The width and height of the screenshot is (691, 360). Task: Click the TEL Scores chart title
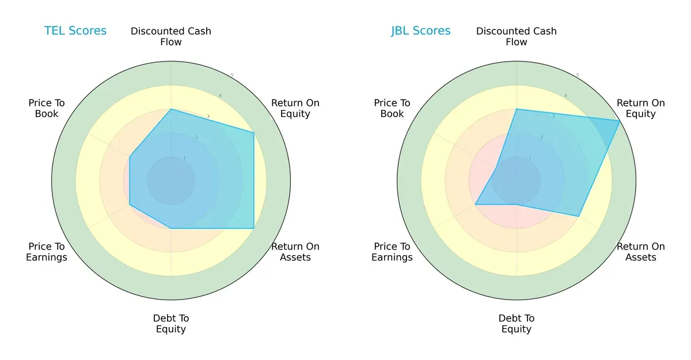pyautogui.click(x=75, y=31)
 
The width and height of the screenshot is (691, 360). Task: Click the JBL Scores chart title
pyautogui.click(x=421, y=31)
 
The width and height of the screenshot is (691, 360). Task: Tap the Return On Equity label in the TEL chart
pyautogui.click(x=295, y=108)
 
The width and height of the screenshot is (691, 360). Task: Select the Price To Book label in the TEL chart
pyautogui.click(x=47, y=108)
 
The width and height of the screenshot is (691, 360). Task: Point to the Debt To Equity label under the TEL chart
pyautogui.click(x=171, y=324)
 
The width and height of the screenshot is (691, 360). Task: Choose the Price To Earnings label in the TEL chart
pyautogui.click(x=47, y=252)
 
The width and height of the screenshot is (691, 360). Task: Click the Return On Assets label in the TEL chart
pyautogui.click(x=295, y=252)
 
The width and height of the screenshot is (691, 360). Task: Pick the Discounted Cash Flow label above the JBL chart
pyautogui.click(x=517, y=36)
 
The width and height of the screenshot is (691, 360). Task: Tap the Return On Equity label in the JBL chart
pyautogui.click(x=641, y=108)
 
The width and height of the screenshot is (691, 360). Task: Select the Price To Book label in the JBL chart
pyautogui.click(x=392, y=108)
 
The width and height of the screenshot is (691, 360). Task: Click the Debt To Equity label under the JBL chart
pyautogui.click(x=517, y=324)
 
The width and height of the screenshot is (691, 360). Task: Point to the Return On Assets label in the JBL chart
pyautogui.click(x=641, y=252)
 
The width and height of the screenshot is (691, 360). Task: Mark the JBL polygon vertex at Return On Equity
pyautogui.click(x=620, y=121)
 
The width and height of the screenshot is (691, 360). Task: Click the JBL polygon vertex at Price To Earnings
pyautogui.click(x=475, y=204)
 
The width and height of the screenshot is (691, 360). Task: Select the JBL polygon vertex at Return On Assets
pyautogui.click(x=579, y=217)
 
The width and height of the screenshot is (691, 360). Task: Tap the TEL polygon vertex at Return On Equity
pyautogui.click(x=254, y=133)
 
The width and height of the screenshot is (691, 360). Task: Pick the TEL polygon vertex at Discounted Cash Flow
pyautogui.click(x=171, y=109)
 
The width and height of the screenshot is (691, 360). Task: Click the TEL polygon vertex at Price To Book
pyautogui.click(x=130, y=156)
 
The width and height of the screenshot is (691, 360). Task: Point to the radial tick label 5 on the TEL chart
pyautogui.click(x=232, y=75)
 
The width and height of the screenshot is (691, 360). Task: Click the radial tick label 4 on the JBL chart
pyautogui.click(x=565, y=96)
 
